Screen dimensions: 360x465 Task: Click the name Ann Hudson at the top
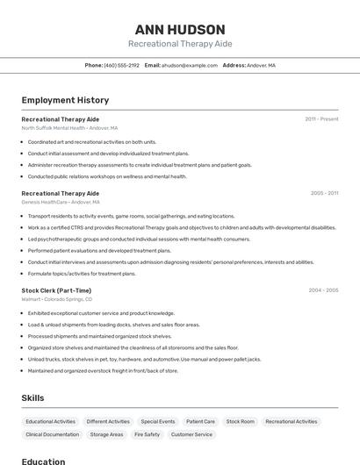pyautogui.click(x=180, y=30)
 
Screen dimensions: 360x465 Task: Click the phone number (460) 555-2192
pyautogui.click(x=121, y=65)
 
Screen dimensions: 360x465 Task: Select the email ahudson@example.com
pyautogui.click(x=189, y=65)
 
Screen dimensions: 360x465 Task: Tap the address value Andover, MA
pyautogui.click(x=261, y=65)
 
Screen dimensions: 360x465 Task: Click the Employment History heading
pyautogui.click(x=65, y=100)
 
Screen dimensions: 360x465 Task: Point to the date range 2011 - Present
pyautogui.click(x=321, y=118)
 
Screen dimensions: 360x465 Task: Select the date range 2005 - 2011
pyautogui.click(x=324, y=193)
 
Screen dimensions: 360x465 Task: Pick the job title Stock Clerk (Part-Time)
pyautogui.click(x=56, y=290)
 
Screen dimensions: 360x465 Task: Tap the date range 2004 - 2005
pyautogui.click(x=323, y=290)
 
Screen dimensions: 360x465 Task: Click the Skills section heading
pyautogui.click(x=32, y=398)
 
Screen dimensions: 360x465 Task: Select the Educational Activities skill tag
pyautogui.click(x=51, y=421)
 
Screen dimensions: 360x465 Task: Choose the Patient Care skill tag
pyautogui.click(x=200, y=421)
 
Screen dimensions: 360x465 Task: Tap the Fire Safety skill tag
pyautogui.click(x=147, y=434)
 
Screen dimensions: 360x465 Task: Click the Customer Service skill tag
pyautogui.click(x=191, y=434)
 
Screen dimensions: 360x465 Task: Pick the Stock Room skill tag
pyautogui.click(x=240, y=421)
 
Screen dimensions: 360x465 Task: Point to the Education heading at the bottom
pyautogui.click(x=43, y=461)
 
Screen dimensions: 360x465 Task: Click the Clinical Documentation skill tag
pyautogui.click(x=53, y=434)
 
